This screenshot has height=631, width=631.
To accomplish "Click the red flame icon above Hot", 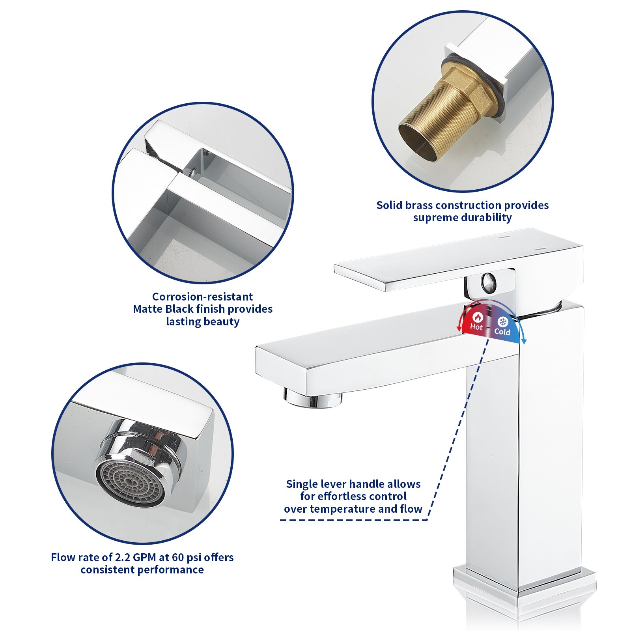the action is tap(477, 317).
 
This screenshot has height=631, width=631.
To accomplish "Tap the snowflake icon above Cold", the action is tap(502, 321).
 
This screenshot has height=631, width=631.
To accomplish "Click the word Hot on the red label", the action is tap(476, 327).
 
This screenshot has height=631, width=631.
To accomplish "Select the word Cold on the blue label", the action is tap(502, 332).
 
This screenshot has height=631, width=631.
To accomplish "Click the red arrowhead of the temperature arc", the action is tap(459, 328).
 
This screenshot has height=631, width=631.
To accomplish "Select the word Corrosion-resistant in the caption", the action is tap(203, 297).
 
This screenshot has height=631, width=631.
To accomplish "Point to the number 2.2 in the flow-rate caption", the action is tap(122, 557).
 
